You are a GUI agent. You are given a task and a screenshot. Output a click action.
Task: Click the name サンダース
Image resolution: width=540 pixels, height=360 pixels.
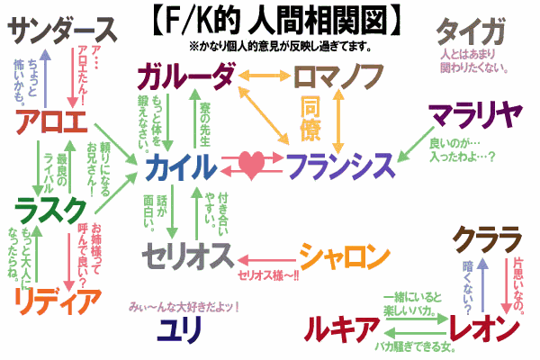[x=63, y=31]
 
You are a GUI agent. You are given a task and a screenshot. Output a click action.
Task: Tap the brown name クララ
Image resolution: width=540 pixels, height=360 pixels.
[x=487, y=238]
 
